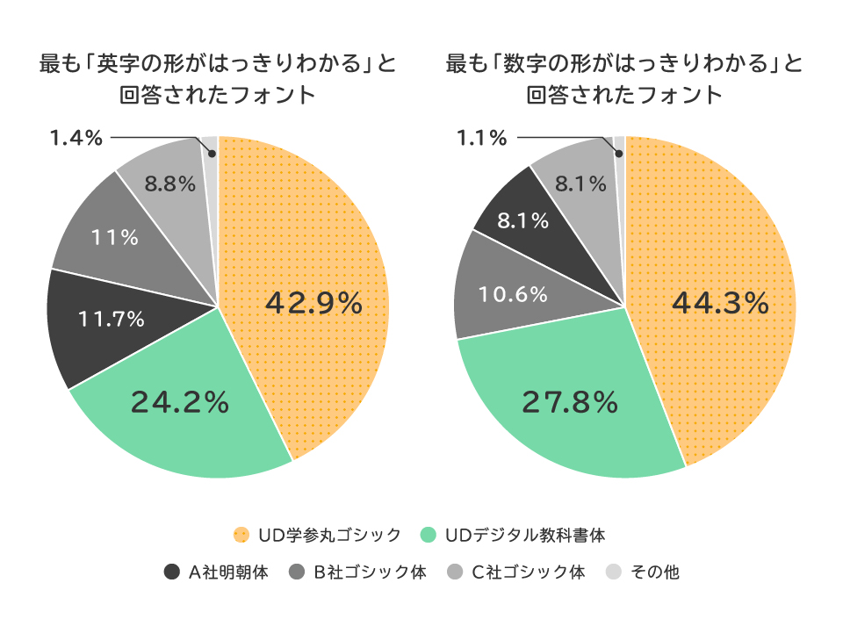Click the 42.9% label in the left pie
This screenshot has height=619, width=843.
[x=313, y=304]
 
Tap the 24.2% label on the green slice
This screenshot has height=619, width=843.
[x=180, y=402]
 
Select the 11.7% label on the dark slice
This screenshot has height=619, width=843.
[x=112, y=320]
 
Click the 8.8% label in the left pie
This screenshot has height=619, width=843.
[x=169, y=185]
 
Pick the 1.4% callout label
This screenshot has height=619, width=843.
[x=76, y=138]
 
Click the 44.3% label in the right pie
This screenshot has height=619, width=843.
[x=720, y=304]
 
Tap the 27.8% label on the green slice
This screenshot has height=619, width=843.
[x=571, y=402]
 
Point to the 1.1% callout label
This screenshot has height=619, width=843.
[x=482, y=138]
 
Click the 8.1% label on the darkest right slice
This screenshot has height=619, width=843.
[x=523, y=220]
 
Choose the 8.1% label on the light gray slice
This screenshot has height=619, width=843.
[x=581, y=184]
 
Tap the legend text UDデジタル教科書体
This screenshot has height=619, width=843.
[x=525, y=535]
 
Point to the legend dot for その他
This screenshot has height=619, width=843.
[x=614, y=572]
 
